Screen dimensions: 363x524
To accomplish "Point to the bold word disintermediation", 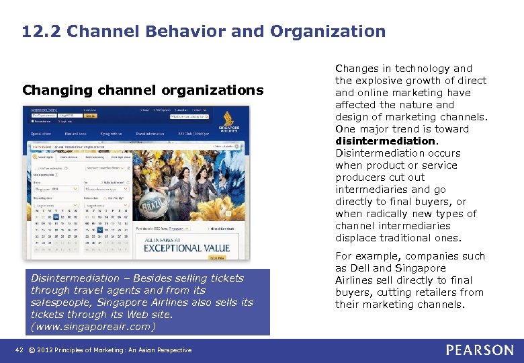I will point(386,141).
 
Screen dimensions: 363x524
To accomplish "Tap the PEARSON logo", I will point(479,350).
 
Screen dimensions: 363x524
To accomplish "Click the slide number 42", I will point(19,350).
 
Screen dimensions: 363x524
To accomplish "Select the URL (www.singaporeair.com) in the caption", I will point(93,327).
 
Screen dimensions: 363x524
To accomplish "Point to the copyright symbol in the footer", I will point(33,350).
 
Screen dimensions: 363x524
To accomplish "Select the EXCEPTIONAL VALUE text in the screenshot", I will point(186,247).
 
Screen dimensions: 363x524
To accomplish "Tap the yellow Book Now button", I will point(217,257).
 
